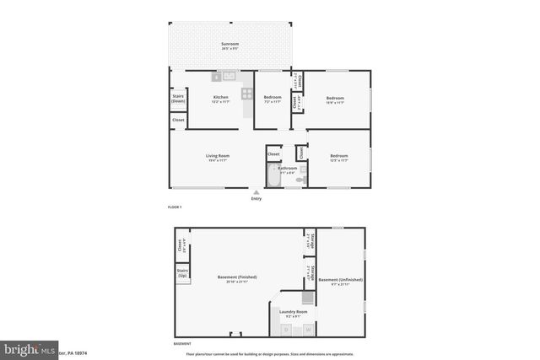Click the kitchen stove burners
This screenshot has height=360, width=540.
(247, 94)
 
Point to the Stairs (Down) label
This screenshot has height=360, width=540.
(178, 99)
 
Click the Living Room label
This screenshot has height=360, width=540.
(218, 158)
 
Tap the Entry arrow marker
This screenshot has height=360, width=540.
(256, 193)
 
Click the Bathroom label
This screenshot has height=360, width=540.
(289, 169)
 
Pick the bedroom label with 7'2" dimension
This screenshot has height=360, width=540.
(272, 99)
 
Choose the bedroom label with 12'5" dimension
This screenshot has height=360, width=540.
(339, 158)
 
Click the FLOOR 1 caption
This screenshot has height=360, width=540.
(175, 207)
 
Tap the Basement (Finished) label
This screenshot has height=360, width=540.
(236, 278)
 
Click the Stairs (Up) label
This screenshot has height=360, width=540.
(181, 273)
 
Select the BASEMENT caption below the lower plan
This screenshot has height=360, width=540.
(182, 343)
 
